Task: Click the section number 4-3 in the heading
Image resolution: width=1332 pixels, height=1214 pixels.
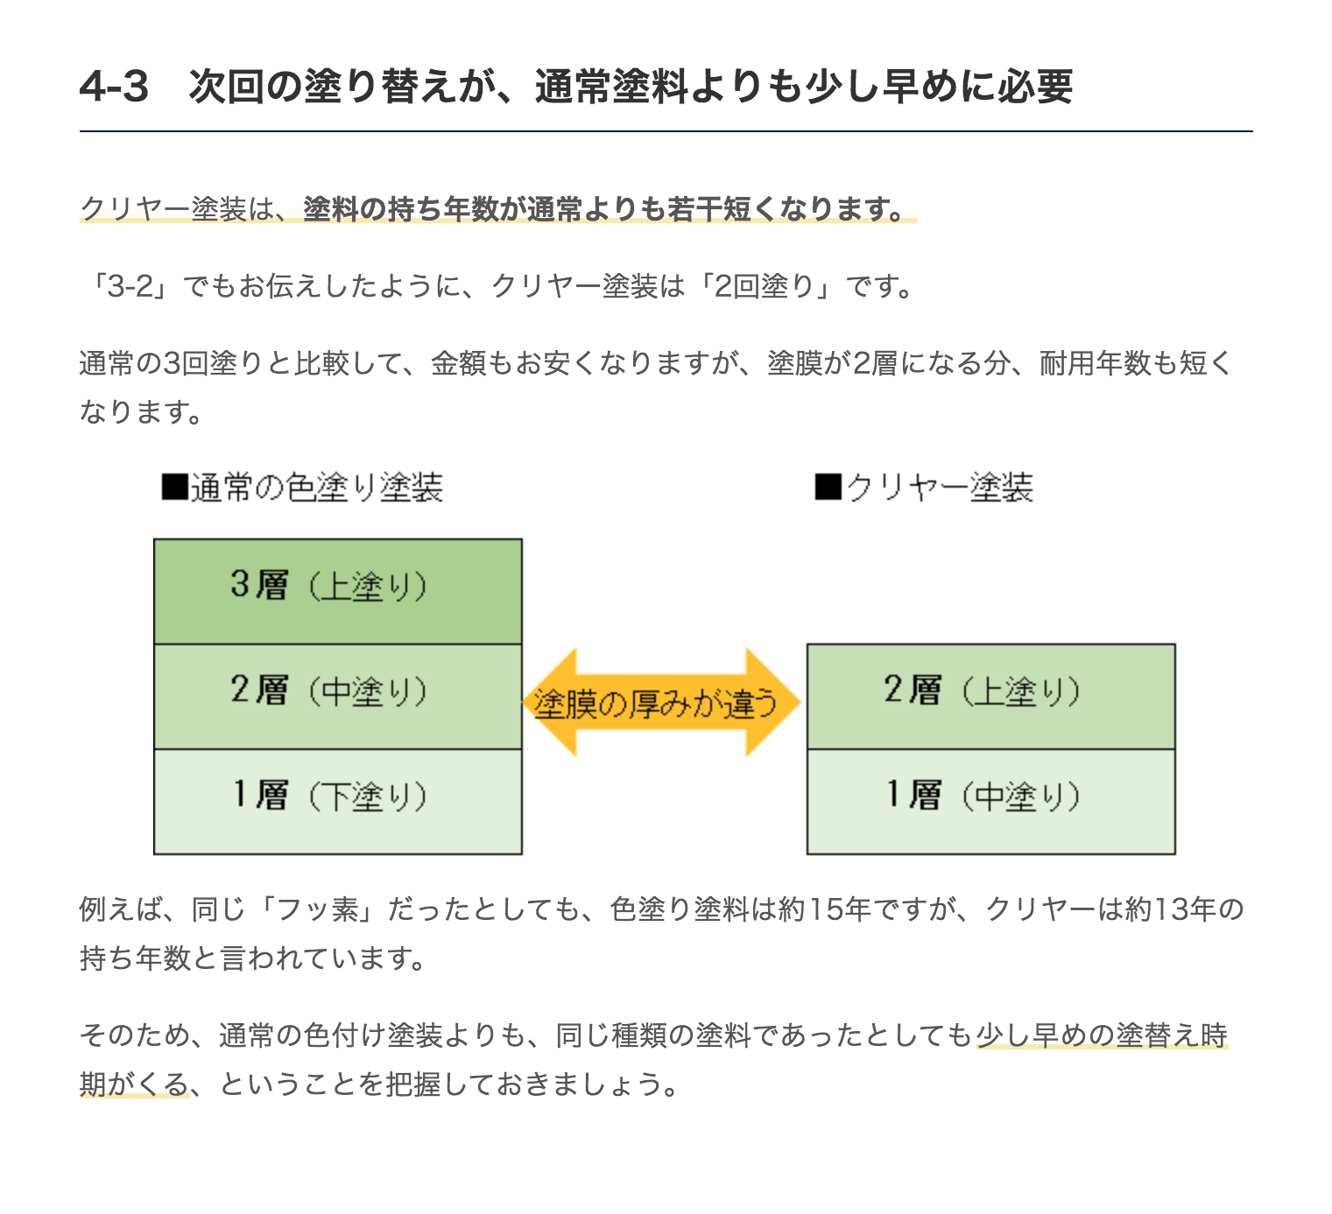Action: tap(114, 87)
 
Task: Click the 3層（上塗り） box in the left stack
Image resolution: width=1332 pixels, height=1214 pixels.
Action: tap(338, 592)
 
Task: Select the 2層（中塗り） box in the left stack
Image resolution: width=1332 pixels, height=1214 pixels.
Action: tap(338, 696)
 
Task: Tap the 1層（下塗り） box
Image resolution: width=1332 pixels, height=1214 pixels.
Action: tap(338, 801)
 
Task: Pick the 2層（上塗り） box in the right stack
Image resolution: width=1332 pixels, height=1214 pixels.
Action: tap(990, 696)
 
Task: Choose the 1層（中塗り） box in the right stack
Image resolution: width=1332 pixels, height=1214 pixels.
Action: tap(990, 801)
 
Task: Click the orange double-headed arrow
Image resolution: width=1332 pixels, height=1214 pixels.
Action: tap(661, 702)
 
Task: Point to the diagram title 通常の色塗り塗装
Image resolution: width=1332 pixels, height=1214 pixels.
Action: tap(317, 488)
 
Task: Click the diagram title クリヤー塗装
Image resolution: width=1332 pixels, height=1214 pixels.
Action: tap(940, 488)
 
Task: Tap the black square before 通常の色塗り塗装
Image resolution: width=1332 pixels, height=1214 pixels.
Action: tap(175, 487)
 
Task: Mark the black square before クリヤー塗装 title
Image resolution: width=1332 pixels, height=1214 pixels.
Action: tap(828, 487)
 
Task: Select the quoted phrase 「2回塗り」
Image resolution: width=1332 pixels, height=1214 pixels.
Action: tap(763, 287)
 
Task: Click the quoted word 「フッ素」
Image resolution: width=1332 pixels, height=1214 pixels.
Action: tap(317, 910)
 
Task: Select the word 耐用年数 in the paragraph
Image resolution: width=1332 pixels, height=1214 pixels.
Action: tap(1096, 364)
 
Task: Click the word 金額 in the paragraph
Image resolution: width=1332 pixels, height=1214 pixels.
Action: tap(459, 364)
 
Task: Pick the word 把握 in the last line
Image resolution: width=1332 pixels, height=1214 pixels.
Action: tap(413, 1084)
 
